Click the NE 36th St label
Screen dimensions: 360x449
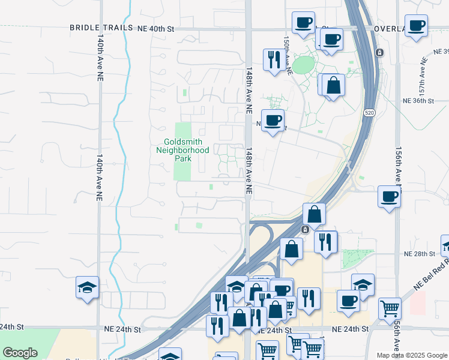pyautogui.click(x=418, y=101)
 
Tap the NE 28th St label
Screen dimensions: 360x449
pyautogui.click(x=419, y=254)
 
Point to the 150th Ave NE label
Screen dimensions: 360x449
pyautogui.click(x=288, y=54)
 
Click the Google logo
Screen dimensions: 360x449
pyautogui.click(x=20, y=353)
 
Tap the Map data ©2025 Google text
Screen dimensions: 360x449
pyautogui.click(x=412, y=355)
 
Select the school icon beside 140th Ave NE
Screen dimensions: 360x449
pyautogui.click(x=88, y=287)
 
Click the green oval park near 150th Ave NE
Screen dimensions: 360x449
pyautogui.click(x=304, y=65)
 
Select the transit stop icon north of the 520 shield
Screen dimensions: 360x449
pyautogui.click(x=379, y=53)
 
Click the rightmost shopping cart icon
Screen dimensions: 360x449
pyautogui.click(x=390, y=308)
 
